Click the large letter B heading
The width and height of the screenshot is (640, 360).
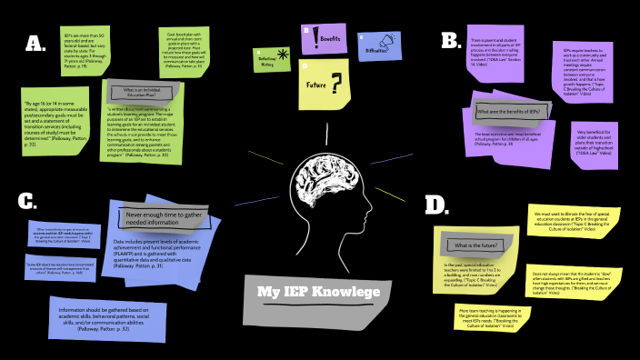click(450, 41)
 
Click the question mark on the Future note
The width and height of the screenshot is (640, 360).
click(336, 85)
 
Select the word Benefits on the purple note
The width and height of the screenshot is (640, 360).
click(331, 39)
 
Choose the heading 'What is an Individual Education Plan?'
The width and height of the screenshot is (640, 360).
click(143, 94)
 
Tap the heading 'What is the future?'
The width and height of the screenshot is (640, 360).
click(474, 245)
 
